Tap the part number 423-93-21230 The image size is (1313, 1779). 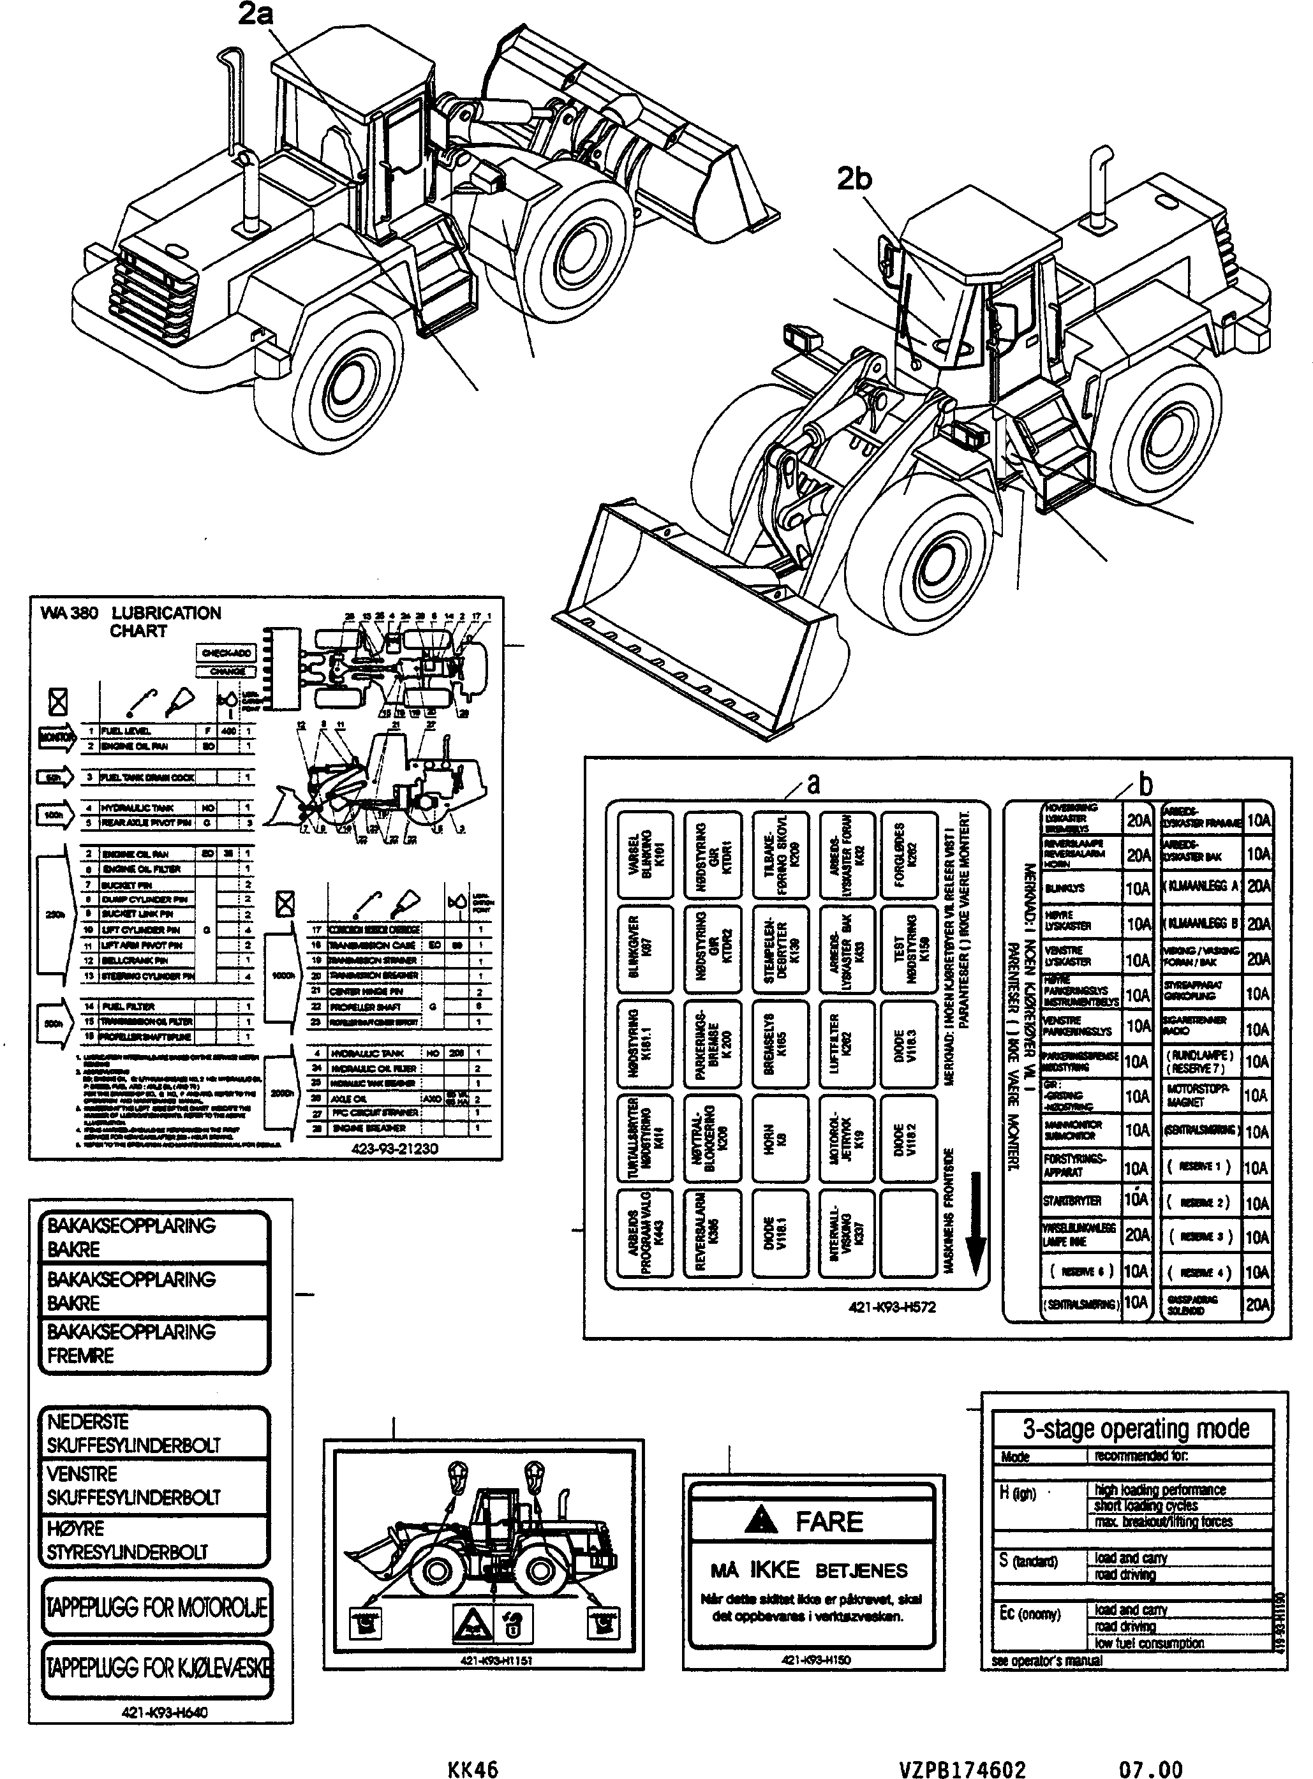coord(394,1148)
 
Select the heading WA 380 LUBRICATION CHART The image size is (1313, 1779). coord(131,621)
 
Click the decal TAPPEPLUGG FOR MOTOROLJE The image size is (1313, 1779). coord(156,1607)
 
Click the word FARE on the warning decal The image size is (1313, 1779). coord(829,1521)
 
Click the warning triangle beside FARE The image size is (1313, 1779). coord(761,1520)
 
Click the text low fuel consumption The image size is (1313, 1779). coord(1148,1642)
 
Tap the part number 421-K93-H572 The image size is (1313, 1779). coord(893,1306)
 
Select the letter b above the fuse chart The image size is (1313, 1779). coord(1145,785)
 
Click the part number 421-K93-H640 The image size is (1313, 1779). coord(165,1712)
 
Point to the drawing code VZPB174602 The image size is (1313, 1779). coord(963,1769)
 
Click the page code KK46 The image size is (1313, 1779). coord(473,1769)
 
